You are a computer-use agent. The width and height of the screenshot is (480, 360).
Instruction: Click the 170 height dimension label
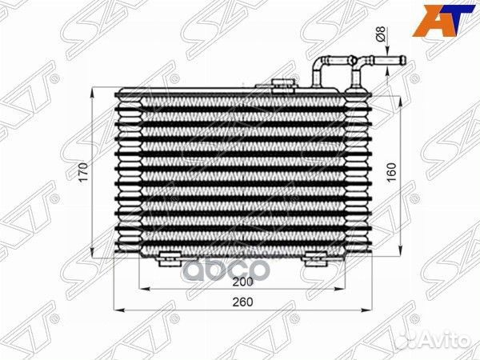click(x=83, y=173)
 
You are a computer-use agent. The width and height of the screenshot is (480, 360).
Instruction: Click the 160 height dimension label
click(x=391, y=173)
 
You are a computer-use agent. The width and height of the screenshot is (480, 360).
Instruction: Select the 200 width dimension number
click(x=242, y=282)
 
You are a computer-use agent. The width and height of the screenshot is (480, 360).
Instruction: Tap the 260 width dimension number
click(x=242, y=302)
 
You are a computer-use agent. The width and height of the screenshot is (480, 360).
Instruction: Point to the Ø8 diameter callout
click(x=380, y=34)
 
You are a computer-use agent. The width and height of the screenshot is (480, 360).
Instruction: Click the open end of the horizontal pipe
click(x=403, y=60)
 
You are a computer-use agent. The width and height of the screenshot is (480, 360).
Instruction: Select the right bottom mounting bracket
click(x=314, y=258)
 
